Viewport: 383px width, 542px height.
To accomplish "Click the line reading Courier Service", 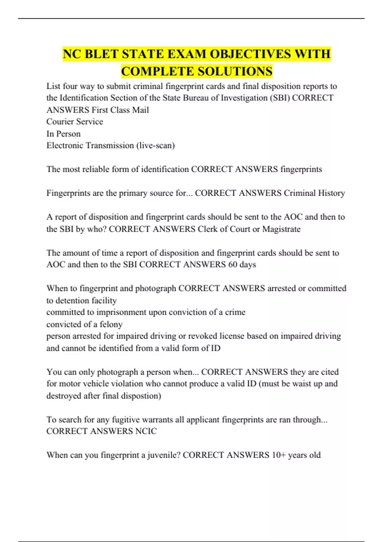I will [75, 122].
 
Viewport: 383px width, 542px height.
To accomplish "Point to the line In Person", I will [64, 134].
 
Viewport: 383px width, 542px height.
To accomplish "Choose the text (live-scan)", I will [155, 146].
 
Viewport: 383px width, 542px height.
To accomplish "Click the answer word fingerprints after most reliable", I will [301, 169].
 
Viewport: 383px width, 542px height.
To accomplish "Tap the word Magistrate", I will [281, 229].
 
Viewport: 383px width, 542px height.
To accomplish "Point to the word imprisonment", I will [121, 312].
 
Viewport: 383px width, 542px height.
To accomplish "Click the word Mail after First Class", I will [141, 110].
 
